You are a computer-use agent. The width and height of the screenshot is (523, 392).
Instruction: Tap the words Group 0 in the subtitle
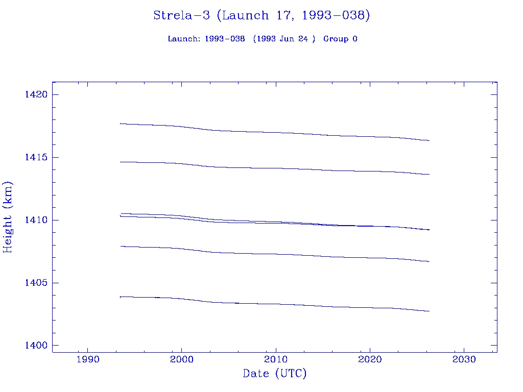click(340, 39)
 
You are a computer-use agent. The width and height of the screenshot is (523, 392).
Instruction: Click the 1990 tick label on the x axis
click(87, 359)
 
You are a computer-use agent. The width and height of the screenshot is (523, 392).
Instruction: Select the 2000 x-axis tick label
click(181, 359)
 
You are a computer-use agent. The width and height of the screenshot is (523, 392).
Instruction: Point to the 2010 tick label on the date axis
click(275, 359)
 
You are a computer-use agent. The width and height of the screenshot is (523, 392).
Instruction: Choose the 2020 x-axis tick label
click(369, 359)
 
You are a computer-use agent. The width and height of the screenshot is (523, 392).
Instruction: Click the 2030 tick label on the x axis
click(463, 359)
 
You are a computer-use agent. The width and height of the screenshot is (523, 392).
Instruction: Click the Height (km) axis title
click(8, 217)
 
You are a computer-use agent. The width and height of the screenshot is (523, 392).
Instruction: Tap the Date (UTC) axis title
click(275, 374)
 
